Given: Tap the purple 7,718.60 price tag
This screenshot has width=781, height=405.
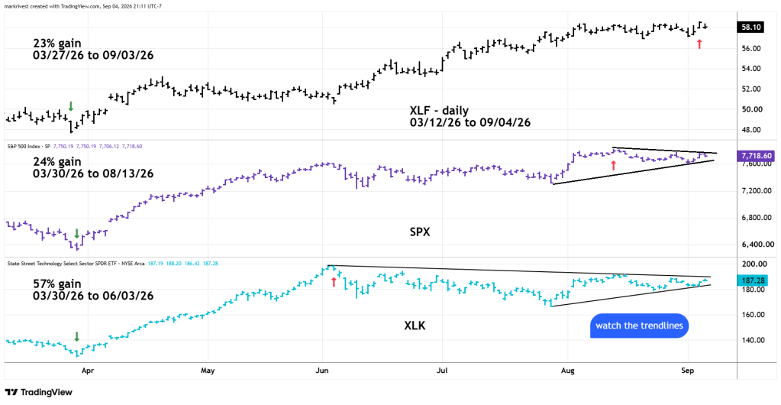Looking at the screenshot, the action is click(x=754, y=156).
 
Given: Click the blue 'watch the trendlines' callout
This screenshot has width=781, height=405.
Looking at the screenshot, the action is click(x=639, y=326).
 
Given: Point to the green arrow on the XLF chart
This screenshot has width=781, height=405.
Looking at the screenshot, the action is click(x=71, y=106).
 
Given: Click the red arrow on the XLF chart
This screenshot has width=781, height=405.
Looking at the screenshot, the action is click(x=699, y=44).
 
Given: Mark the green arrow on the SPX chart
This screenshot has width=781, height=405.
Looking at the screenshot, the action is click(x=76, y=233).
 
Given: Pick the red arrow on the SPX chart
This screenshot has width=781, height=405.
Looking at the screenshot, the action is click(x=614, y=165).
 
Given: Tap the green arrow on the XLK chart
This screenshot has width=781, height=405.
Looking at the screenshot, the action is click(x=76, y=336).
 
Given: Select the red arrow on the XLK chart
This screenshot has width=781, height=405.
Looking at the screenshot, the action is click(x=333, y=283).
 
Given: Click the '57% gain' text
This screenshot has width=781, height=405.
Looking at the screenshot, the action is click(x=56, y=283).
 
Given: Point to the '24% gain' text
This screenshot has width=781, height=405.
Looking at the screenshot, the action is click(x=56, y=162).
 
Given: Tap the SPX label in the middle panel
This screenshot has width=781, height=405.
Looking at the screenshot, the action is click(x=420, y=232).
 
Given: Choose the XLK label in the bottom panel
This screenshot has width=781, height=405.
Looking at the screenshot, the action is click(x=415, y=326).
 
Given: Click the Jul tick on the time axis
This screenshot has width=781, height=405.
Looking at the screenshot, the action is click(x=442, y=371).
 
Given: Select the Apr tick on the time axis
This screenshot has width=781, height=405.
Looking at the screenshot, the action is click(x=88, y=371).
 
